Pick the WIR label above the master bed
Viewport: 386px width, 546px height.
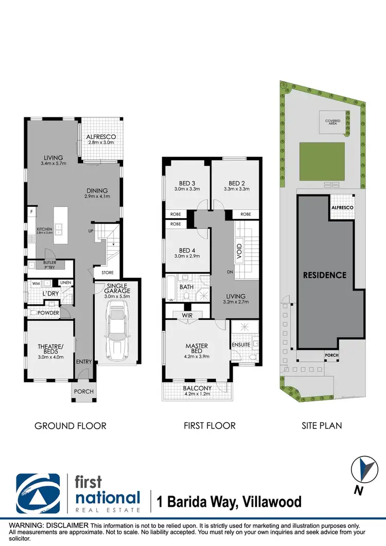pyautogui.click(x=186, y=315)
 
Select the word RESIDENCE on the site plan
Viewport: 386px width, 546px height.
pyautogui.click(x=324, y=275)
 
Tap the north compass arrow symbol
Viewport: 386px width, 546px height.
pyautogui.click(x=365, y=470)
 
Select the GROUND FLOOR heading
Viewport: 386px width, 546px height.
pyautogui.click(x=70, y=426)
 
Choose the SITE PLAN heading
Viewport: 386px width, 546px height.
pyautogui.click(x=322, y=426)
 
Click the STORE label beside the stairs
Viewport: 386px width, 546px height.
pyautogui.click(x=108, y=272)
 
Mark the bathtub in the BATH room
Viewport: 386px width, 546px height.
pyautogui.click(x=170, y=290)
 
